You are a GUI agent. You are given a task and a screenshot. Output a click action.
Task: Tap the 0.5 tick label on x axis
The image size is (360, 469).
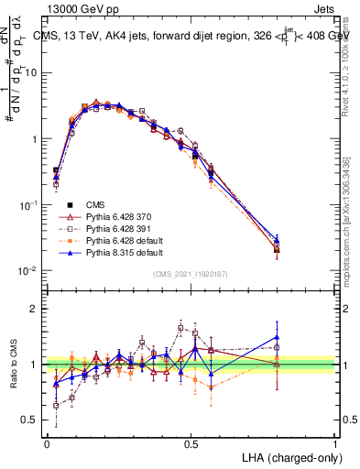tap(191, 442)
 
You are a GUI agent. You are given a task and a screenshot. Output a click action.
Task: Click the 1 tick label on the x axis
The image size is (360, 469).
tap(335, 442)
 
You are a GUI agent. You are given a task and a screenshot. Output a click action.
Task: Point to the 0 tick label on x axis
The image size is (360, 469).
tap(46, 442)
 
